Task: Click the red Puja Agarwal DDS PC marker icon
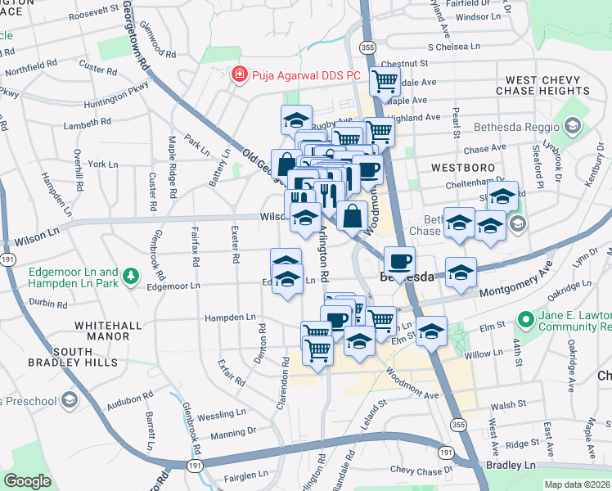coord(239,74)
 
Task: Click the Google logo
coord(27,481)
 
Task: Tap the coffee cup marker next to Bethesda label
coord(399,261)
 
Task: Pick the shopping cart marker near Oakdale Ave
coord(384,81)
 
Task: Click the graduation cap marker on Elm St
coord(430,331)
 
